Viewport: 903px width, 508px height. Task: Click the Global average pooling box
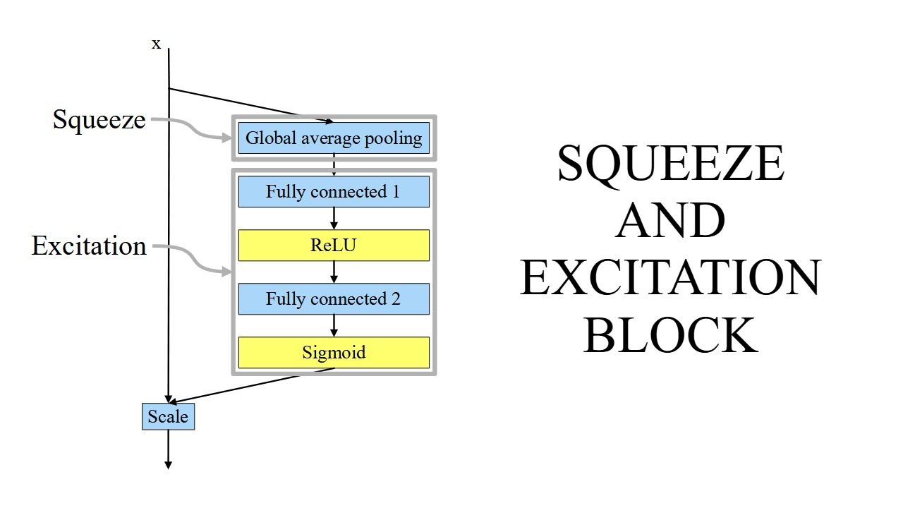coord(334,138)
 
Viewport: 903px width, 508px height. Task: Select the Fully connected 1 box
coord(334,192)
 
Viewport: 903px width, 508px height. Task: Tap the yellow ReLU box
coord(334,246)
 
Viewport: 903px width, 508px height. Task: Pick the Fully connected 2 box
coord(334,299)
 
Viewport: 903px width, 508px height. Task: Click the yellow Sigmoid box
coord(334,352)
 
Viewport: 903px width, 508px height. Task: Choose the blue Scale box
coord(168,416)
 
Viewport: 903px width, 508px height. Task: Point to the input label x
coord(157,44)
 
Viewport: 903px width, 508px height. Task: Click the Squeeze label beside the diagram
coord(99,120)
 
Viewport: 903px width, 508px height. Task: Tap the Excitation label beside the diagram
coord(89,246)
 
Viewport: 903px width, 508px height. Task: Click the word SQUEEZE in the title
coord(670,164)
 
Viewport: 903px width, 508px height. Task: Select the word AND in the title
coord(670,221)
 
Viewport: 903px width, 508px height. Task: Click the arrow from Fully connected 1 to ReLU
coord(334,219)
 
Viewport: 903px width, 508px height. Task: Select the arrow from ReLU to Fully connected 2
coord(334,272)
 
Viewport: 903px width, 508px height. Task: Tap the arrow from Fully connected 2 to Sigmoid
coord(334,325)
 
